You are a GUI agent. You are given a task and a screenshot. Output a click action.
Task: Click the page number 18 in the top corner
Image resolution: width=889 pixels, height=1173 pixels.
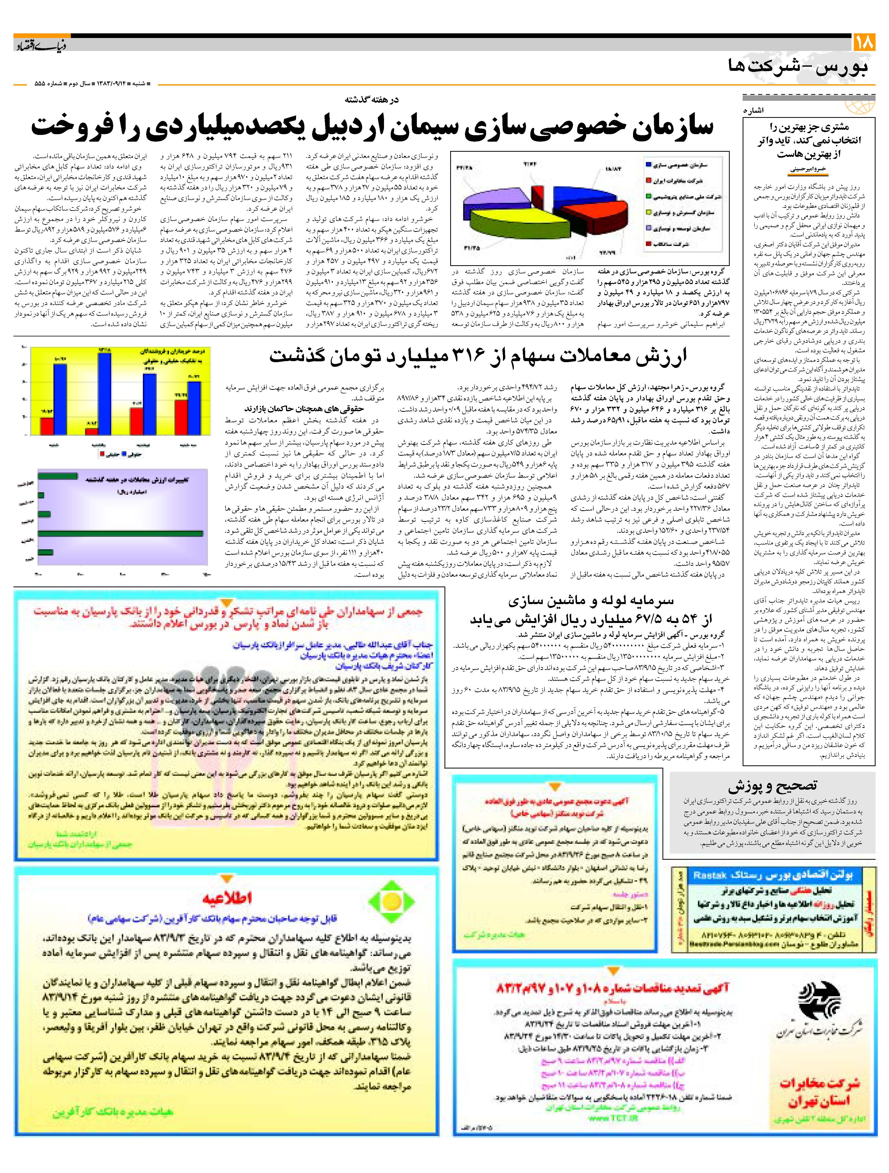pos(865,42)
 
